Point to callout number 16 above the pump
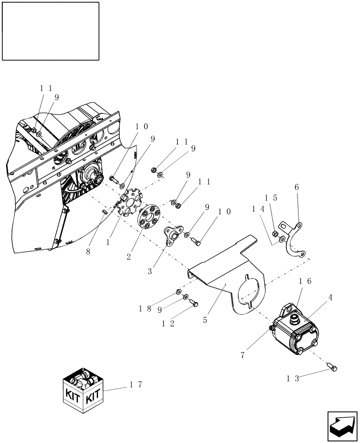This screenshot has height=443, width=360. [x=305, y=281]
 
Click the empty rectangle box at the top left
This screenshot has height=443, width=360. [x=50, y=31]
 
